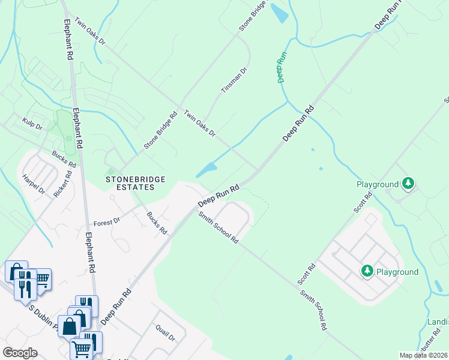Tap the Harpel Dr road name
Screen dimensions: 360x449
tap(34, 185)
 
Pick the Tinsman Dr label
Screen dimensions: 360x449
tap(234, 80)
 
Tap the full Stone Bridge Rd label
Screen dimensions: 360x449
tap(160, 130)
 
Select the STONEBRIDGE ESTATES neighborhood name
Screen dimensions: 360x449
tap(130, 183)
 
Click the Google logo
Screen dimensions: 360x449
tap(20, 353)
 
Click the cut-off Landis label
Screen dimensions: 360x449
tap(438, 322)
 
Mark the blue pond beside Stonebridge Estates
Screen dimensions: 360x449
tap(206, 170)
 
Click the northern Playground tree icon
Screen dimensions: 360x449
tap(408, 183)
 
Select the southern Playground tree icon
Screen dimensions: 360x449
tap(367, 272)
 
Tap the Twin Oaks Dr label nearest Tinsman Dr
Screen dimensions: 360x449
tap(199, 122)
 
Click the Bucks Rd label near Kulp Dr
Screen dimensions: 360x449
tap(64, 159)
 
